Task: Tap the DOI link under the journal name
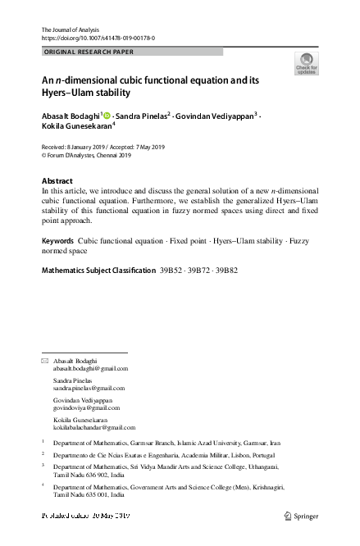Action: [x=98, y=39]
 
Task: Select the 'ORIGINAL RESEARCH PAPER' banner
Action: [x=88, y=52]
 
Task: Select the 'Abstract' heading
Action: [x=57, y=180]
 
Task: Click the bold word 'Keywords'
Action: [x=57, y=243]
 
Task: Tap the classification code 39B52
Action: [x=171, y=270]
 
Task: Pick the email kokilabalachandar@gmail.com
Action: [x=93, y=427]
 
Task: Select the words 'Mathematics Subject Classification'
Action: [x=98, y=270]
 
